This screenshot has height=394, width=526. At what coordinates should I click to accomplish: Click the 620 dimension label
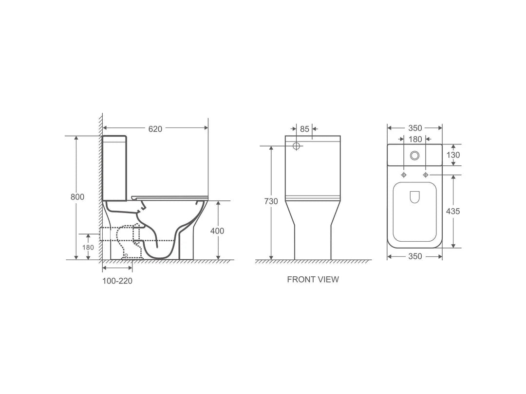pos(155,129)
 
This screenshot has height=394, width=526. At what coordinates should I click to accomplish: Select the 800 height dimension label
pos(76,197)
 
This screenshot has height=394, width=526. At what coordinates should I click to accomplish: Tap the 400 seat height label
pos(217,231)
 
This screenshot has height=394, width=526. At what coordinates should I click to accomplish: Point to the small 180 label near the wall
pos(88,247)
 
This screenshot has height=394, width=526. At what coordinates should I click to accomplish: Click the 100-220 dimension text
pos(117,281)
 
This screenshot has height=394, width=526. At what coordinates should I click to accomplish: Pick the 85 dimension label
pos(304,129)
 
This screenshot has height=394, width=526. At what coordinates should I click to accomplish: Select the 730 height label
pos(271,201)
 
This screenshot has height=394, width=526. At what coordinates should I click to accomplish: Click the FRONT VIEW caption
pos(313,280)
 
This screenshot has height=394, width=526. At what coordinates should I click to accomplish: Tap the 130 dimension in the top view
pos(453,155)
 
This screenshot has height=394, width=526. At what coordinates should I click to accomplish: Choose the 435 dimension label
pos(453,211)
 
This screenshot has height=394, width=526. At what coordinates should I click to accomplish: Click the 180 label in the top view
pos(415,140)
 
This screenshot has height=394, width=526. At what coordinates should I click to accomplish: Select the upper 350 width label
pos(415,128)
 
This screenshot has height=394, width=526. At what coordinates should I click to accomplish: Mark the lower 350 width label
pos(415,257)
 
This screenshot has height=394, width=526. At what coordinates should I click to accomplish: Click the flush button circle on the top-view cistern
pos(415,155)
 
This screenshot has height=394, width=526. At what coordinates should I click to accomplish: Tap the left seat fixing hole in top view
pos(404,175)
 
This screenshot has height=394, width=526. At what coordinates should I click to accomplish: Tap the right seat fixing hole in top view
pos(426,175)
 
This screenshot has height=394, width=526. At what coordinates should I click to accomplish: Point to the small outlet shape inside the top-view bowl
pos(415,197)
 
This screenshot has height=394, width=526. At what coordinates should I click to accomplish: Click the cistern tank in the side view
pos(115,168)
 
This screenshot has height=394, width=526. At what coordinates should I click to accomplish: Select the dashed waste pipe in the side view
pos(117,234)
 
